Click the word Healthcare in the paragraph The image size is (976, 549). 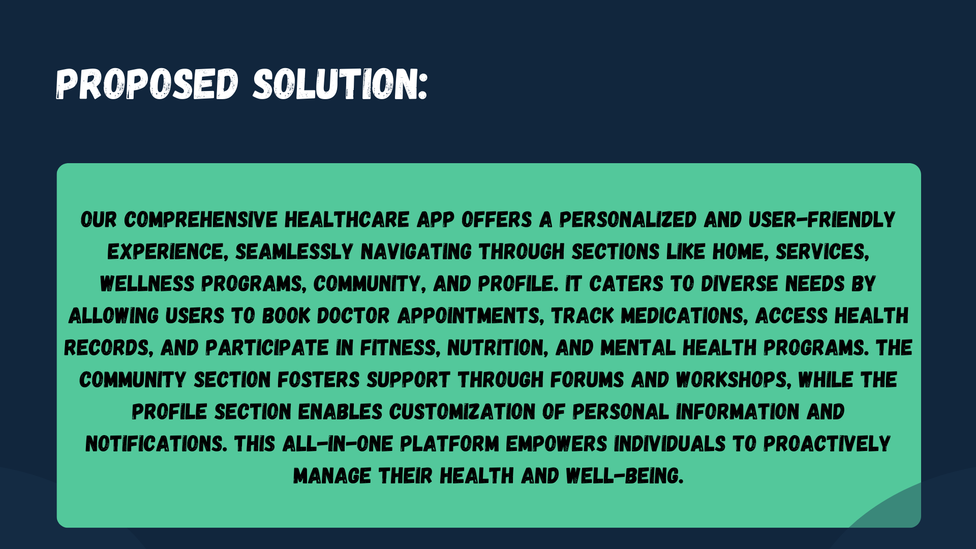347,220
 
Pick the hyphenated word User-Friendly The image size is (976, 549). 821,220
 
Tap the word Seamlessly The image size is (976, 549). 294,252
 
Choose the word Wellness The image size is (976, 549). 147,284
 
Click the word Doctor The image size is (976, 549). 353,316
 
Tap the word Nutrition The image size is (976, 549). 498,348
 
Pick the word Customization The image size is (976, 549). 462,412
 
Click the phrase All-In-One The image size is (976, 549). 338,444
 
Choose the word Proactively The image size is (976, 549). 827,444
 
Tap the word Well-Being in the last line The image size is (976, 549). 624,476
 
